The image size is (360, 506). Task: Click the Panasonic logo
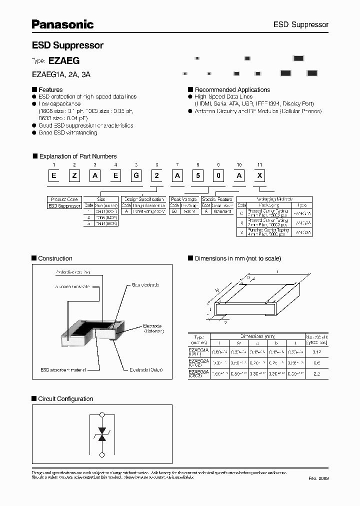pyautogui.click(x=63, y=24)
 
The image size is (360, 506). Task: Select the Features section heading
pyautogui.click(x=51, y=90)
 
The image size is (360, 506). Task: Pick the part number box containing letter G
pyautogui.click(x=136, y=175)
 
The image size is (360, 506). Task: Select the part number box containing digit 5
pyautogui.click(x=197, y=175)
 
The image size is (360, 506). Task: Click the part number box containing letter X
pyautogui.click(x=259, y=175)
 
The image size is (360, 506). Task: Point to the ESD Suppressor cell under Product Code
pyautogui.click(x=64, y=205)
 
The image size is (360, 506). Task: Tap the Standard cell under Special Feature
pyautogui.click(x=222, y=211)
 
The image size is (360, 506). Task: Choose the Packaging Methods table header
pyautogui.click(x=274, y=199)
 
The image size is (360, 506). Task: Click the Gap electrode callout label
pyautogui.click(x=145, y=284)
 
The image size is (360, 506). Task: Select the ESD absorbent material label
pyautogui.click(x=63, y=369)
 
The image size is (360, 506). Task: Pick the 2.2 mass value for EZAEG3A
pyautogui.click(x=316, y=373)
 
